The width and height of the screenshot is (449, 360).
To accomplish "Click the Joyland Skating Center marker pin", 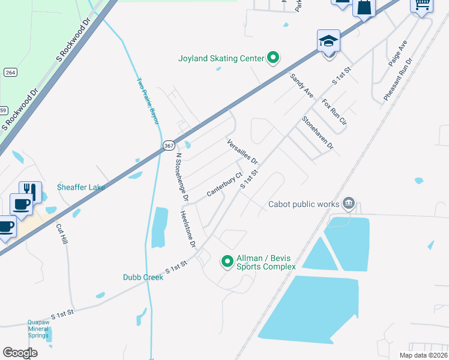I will [273, 58].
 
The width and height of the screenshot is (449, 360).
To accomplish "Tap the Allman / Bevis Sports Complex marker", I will [228, 262].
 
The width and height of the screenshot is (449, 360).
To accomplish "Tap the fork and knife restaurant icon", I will [31, 192].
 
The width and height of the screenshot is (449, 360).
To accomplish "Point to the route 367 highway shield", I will [169, 145].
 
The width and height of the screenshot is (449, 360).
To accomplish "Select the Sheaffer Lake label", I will [81, 187].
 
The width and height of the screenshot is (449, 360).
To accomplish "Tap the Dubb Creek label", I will [143, 277].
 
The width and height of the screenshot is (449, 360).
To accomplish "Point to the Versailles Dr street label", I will [242, 152].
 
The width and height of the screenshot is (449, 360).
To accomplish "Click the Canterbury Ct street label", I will [224, 184].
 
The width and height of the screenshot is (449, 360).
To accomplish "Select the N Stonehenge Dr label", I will [182, 177].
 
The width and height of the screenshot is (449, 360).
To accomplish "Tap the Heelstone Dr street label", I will [188, 229].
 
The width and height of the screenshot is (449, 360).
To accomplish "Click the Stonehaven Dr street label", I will [317, 133].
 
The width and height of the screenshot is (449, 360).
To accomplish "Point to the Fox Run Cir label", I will [334, 112].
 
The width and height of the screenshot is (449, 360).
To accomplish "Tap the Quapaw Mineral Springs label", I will [38, 328].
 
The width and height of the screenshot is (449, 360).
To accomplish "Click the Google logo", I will [20, 353].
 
